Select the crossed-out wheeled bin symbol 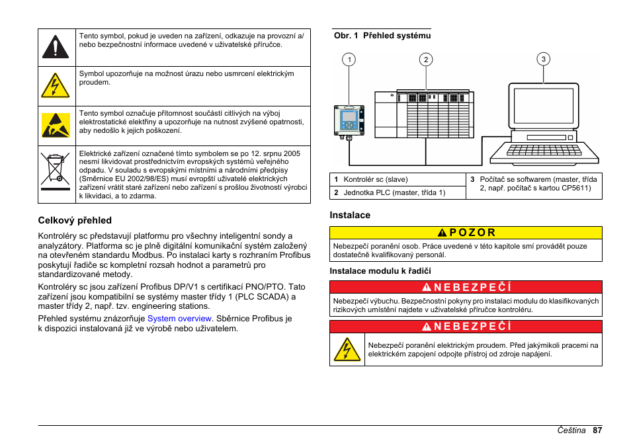[55, 168]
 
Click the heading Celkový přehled [75, 220]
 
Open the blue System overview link [179, 318]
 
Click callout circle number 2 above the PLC [427, 60]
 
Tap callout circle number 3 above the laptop [543, 60]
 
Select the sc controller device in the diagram [349, 120]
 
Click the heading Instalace [350, 215]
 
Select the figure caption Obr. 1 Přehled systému [382, 36]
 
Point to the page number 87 [597, 430]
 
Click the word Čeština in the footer [570, 430]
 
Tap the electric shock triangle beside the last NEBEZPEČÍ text [347, 350]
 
